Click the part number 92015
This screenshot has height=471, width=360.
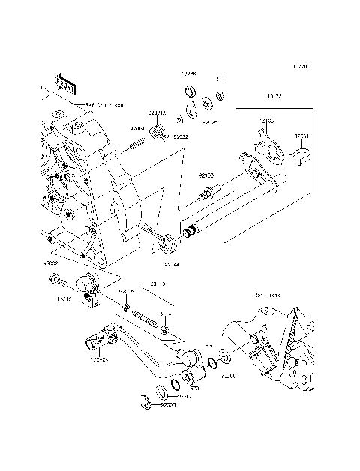(x=127, y=291)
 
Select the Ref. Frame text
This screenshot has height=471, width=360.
(x=267, y=296)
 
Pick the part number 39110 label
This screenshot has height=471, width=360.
(x=158, y=284)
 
